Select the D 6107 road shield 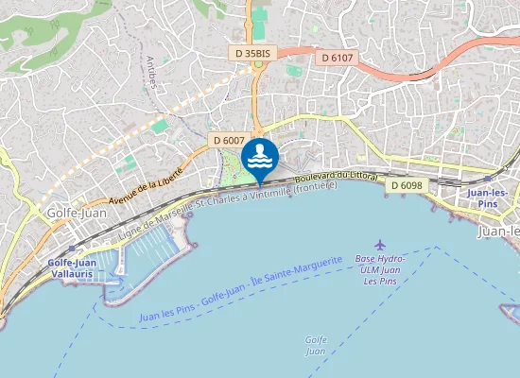click(337, 58)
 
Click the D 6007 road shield click(230, 140)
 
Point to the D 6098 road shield click(406, 184)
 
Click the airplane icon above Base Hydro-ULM click(380, 245)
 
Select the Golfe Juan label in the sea click(316, 345)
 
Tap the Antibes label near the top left click(150, 73)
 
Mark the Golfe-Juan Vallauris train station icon click(71, 249)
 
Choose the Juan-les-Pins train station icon click(488, 178)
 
